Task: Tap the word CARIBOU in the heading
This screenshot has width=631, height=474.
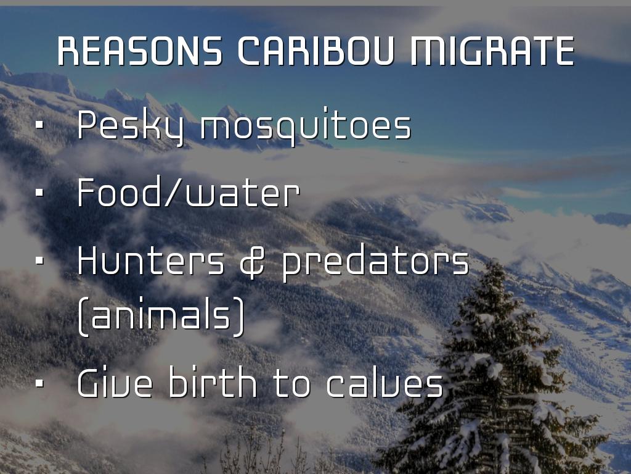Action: pos(316,51)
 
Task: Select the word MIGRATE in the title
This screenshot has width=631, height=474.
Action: pos(492,51)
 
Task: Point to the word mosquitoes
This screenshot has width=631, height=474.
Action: pos(306,124)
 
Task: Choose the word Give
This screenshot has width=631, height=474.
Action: pos(115,382)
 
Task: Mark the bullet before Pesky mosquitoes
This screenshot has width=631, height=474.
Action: pos(39,125)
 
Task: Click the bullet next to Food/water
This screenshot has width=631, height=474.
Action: pos(39,193)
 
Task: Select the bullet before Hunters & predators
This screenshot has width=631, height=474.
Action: pos(39,261)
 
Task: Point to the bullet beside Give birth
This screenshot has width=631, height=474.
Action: pos(39,383)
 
